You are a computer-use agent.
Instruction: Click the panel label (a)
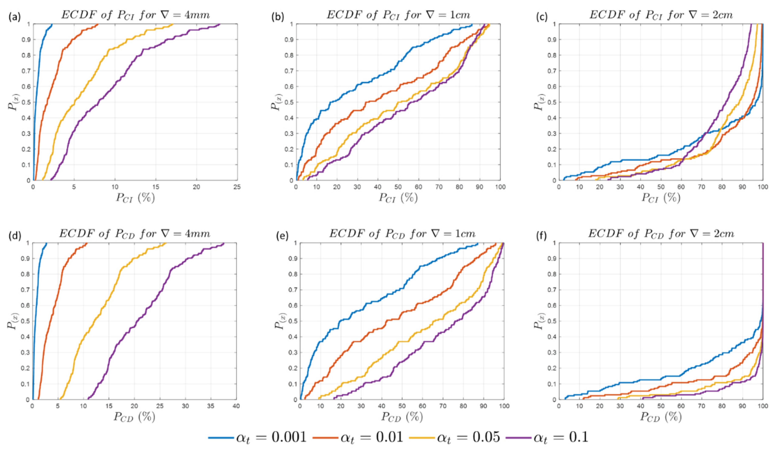point(14,17)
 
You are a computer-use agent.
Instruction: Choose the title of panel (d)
point(135,234)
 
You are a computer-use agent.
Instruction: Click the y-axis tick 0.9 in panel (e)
point(292,259)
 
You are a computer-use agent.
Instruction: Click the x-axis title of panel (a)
point(135,198)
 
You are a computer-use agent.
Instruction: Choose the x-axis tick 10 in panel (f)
point(579,406)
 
